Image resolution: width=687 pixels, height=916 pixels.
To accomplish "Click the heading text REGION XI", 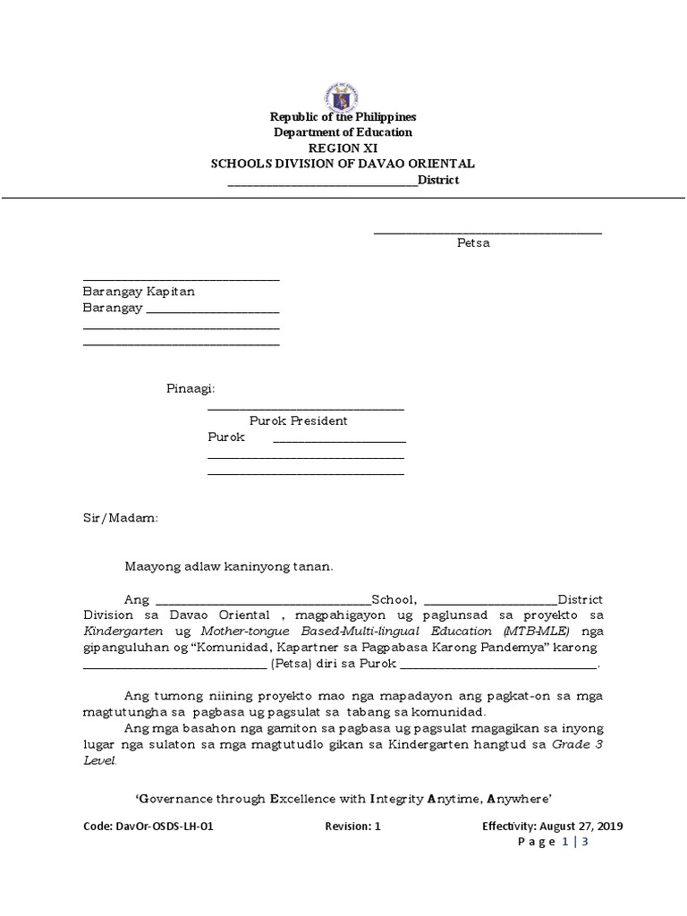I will tap(343, 148).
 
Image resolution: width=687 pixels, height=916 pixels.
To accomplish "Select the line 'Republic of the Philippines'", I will tap(343, 117).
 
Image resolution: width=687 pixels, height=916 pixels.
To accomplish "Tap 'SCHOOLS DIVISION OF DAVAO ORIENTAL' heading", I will tap(343, 164).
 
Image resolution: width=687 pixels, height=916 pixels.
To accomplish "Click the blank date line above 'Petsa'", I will tap(487, 232).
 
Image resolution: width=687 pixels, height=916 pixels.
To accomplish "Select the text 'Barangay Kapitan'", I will tap(139, 292).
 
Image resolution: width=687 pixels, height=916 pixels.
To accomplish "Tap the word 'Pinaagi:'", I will tap(191, 389).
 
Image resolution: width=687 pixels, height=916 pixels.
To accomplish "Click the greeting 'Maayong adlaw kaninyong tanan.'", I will tap(228, 566).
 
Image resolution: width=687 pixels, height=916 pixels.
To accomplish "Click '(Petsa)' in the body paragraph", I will tap(291, 665).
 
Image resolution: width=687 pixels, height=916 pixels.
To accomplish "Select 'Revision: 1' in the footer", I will tap(352, 827).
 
